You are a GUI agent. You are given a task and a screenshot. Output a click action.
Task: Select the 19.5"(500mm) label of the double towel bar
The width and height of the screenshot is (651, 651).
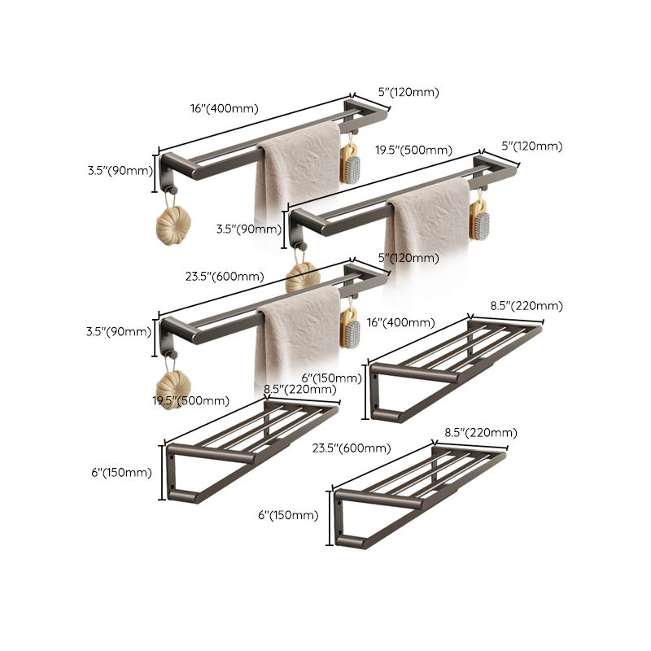point(413,150)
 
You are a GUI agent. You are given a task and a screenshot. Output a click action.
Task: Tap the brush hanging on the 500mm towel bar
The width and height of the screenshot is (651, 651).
point(479,220)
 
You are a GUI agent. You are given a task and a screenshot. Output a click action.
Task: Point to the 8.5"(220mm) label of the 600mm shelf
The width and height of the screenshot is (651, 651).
point(480,432)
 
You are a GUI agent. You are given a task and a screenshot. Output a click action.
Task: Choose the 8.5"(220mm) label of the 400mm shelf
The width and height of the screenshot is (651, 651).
point(526,306)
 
